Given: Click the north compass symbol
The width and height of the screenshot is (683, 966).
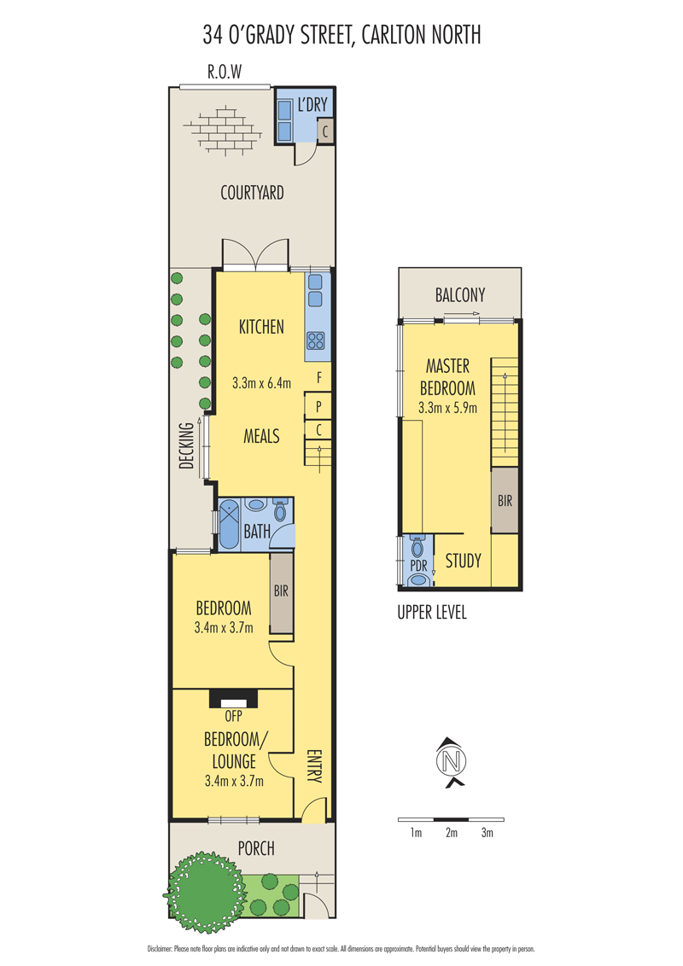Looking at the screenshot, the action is (452, 761).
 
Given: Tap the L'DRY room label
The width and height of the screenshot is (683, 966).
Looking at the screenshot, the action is (312, 105).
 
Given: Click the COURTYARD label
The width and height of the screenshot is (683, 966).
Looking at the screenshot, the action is (252, 193).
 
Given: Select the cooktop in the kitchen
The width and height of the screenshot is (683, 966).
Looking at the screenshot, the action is (316, 340).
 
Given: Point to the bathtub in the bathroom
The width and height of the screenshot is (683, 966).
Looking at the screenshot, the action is (230, 525).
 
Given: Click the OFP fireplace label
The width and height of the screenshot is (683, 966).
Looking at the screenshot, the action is (234, 716).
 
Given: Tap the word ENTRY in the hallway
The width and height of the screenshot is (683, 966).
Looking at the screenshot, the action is (314, 765).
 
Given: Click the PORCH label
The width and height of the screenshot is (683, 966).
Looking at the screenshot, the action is (256, 848).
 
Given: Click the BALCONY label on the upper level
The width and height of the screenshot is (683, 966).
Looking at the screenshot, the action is (460, 294).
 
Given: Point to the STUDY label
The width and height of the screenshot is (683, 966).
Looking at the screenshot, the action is (464, 561).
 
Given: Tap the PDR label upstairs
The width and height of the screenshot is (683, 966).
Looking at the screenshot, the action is (418, 565).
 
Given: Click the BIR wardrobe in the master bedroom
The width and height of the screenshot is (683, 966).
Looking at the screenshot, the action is (505, 500).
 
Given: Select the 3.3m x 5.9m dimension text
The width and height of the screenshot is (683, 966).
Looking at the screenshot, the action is (447, 407).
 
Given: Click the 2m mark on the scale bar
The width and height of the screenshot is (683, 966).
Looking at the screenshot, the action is (452, 833).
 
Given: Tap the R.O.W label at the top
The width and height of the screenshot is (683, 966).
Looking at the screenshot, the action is (225, 72).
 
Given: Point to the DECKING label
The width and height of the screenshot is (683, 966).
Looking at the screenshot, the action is (186, 445).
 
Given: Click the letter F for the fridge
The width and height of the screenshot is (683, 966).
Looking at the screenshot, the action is (319, 377).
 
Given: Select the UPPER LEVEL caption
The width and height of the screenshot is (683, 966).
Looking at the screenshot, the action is (432, 613).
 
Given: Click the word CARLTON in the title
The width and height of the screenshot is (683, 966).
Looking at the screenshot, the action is (390, 34).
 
